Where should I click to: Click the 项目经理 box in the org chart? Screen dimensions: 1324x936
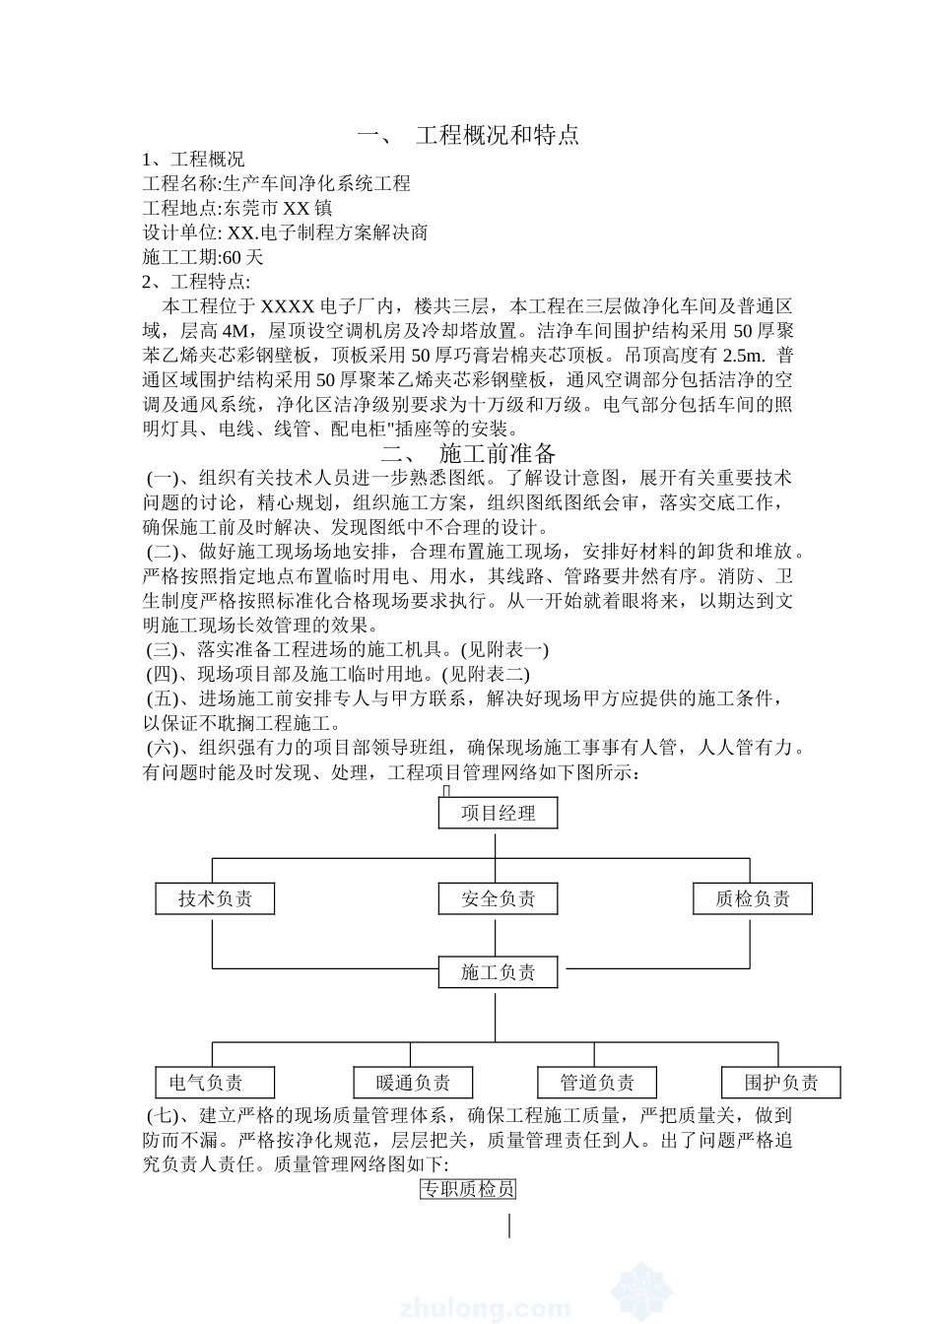pyautogui.click(x=499, y=813)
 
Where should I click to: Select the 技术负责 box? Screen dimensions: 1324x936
pyautogui.click(x=215, y=898)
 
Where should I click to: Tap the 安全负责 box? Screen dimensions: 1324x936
pyautogui.click(x=499, y=898)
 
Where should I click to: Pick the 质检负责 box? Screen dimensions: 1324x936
pyautogui.click(x=753, y=898)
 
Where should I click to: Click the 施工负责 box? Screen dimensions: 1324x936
pyautogui.click(x=499, y=972)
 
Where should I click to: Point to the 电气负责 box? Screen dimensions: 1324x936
pyautogui.click(x=206, y=1083)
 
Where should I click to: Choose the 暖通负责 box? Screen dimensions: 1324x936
pyautogui.click(x=414, y=1083)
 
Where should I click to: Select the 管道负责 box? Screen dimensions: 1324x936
pyautogui.click(x=597, y=1083)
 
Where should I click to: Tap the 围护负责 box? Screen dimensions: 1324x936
pyautogui.click(x=781, y=1083)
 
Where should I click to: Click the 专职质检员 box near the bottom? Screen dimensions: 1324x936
pyautogui.click(x=468, y=1189)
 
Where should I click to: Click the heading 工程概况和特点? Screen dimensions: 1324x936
pyautogui.click(x=497, y=135)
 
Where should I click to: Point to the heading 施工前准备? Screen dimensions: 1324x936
pyautogui.click(x=498, y=453)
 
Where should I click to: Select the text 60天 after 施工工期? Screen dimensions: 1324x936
pyautogui.click(x=243, y=258)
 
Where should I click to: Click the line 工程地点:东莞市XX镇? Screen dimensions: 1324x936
pyautogui.click(x=237, y=208)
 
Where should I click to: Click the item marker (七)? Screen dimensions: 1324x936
pyautogui.click(x=164, y=1116)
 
